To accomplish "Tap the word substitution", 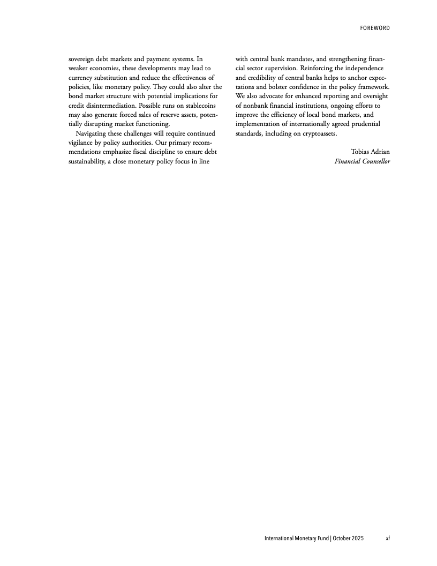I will pyautogui.click(x=109, y=78).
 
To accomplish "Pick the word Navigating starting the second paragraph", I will pyautogui.click(x=94, y=133).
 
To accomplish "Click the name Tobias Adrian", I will pyautogui.click(x=370, y=152).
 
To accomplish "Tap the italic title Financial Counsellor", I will pyautogui.click(x=362, y=161).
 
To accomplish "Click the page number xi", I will pyautogui.click(x=387, y=538).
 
